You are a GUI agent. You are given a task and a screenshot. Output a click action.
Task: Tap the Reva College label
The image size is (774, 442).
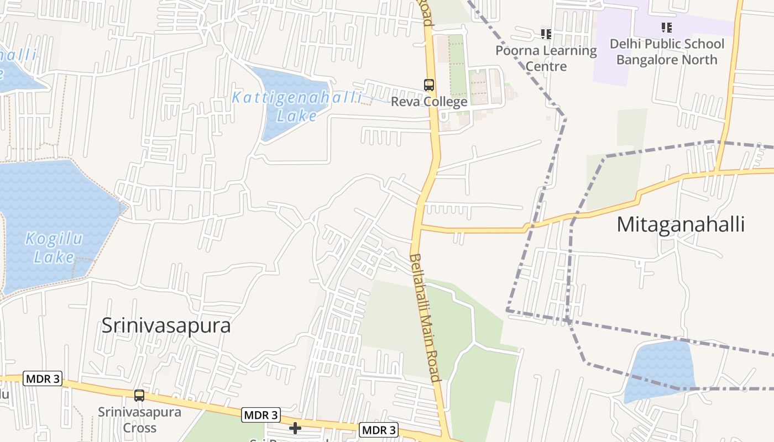pyautogui.click(x=429, y=102)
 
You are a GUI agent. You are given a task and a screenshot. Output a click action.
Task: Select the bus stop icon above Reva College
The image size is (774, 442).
pyautogui.click(x=429, y=85)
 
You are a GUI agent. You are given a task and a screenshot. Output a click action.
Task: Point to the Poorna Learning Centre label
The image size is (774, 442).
pyautogui.click(x=546, y=58)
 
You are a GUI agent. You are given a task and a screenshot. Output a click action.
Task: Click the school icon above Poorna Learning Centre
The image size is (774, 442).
pyautogui.click(x=546, y=34)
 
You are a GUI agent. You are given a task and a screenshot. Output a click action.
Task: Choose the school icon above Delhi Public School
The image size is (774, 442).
pyautogui.click(x=667, y=27)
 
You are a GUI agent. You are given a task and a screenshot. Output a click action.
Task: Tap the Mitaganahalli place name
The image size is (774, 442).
pyautogui.click(x=680, y=224)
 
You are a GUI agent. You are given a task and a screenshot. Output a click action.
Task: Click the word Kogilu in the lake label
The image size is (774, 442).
pyautogui.click(x=55, y=239)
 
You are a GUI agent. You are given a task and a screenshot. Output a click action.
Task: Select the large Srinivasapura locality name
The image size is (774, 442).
pyautogui.click(x=166, y=325)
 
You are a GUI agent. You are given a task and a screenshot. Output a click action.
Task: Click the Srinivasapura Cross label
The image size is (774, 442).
pyautogui.click(x=139, y=420)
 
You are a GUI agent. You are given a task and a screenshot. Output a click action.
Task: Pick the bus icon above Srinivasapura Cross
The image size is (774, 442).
pyautogui.click(x=139, y=396)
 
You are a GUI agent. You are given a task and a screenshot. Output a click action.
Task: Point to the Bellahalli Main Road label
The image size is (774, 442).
pyautogui.click(x=426, y=318)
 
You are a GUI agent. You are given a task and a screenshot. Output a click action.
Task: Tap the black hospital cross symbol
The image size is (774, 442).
pyautogui.click(x=295, y=428)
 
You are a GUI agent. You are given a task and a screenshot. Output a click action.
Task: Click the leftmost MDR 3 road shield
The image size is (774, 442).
pyautogui.click(x=43, y=379)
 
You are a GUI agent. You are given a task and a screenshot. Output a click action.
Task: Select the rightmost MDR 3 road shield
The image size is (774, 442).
pyautogui.click(x=379, y=430)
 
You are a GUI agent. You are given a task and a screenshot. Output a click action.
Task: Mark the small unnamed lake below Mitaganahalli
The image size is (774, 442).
pyautogui.click(x=659, y=370)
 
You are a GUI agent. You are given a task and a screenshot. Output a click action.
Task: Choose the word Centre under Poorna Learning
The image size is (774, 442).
pyautogui.click(x=546, y=66)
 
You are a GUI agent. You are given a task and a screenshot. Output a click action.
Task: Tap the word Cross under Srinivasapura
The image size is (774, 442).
pyautogui.click(x=139, y=428)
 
